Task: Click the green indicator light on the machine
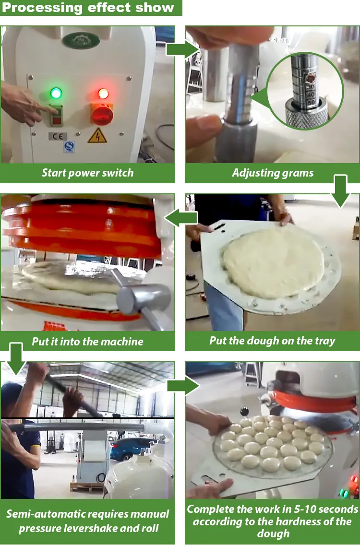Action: click(56, 93)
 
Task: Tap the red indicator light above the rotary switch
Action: click(103, 93)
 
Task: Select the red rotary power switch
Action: click(102, 114)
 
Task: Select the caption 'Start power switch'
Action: click(87, 173)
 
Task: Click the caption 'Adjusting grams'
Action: click(273, 173)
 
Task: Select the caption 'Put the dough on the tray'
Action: click(272, 341)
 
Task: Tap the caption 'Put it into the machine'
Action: click(87, 342)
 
